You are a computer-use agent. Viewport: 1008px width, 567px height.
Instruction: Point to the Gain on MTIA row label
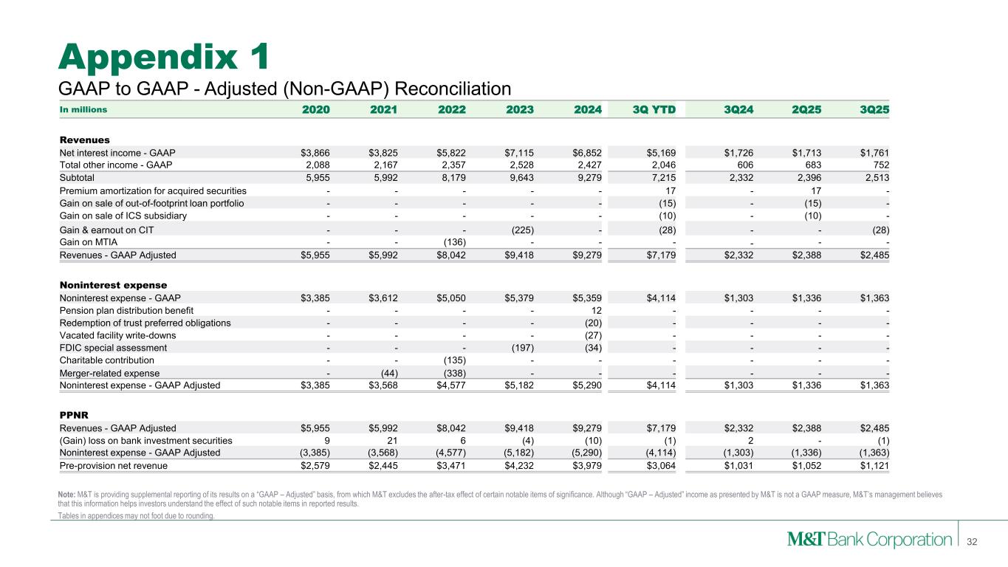pos(87,241)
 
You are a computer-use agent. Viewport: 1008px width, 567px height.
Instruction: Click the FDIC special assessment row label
pos(113,348)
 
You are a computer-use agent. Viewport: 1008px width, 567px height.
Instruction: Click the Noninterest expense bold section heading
pos(113,284)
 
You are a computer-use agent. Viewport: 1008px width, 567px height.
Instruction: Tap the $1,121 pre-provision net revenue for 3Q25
pos(871,466)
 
